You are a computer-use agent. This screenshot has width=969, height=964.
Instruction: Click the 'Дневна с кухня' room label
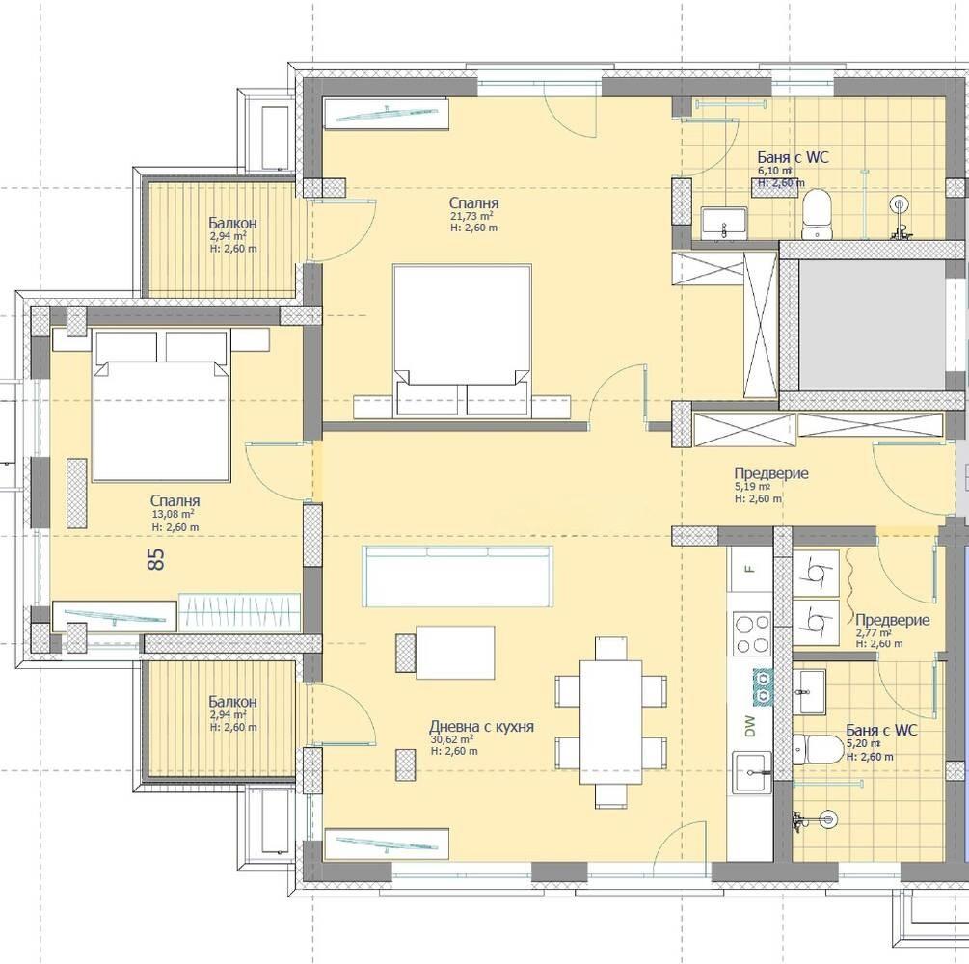pyautogui.click(x=481, y=727)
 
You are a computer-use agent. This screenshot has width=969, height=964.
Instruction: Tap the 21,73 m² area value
pyautogui.click(x=472, y=216)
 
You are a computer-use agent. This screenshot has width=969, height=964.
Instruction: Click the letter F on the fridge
pyautogui.click(x=750, y=569)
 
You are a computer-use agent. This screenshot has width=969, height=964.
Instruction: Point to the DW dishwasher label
pyautogui.click(x=750, y=726)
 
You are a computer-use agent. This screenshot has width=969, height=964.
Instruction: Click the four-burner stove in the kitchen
pyautogui.click(x=751, y=633)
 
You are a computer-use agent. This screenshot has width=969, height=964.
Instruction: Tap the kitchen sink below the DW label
pyautogui.click(x=752, y=772)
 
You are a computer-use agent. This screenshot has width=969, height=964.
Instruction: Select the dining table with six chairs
pyautogui.click(x=610, y=722)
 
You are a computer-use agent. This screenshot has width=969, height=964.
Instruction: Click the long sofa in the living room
pyautogui.click(x=458, y=576)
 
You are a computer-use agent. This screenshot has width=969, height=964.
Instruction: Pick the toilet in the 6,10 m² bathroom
pyautogui.click(x=820, y=214)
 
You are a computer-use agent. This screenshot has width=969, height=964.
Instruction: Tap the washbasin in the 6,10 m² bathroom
pyautogui.click(x=724, y=222)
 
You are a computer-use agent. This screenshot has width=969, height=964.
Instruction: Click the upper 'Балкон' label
pyautogui.click(x=232, y=223)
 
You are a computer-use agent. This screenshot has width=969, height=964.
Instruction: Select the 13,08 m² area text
pyautogui.click(x=173, y=514)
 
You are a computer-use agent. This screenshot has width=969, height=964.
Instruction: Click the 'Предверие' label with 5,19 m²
pyautogui.click(x=771, y=473)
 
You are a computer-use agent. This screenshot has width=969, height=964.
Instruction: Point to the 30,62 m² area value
pyautogui.click(x=452, y=739)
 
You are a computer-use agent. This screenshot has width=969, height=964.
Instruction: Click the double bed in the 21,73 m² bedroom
pyautogui.click(x=462, y=340)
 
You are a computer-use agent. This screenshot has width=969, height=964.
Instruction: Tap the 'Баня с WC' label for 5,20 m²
pyautogui.click(x=881, y=731)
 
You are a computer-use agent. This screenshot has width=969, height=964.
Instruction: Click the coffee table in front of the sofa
pyautogui.click(x=455, y=652)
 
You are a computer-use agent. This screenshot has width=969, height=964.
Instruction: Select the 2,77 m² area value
pyautogui.click(x=874, y=632)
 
